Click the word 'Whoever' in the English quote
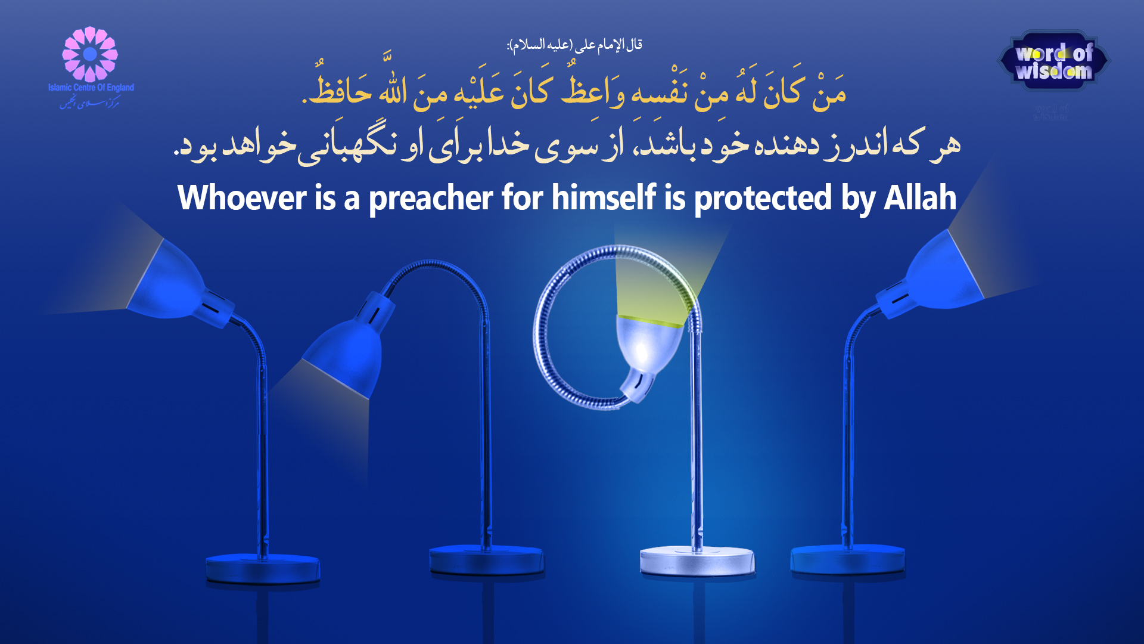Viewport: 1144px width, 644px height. (x=241, y=198)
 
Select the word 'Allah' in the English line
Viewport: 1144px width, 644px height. (x=920, y=198)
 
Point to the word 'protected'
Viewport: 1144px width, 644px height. (x=763, y=199)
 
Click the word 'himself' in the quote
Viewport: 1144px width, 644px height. (x=603, y=198)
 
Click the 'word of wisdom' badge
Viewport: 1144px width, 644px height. (x=1053, y=61)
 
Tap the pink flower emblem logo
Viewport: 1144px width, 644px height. (x=90, y=54)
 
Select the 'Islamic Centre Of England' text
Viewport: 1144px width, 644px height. (x=91, y=88)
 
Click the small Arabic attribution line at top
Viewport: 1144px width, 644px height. (x=574, y=45)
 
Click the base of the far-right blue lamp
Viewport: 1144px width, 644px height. (x=847, y=561)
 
